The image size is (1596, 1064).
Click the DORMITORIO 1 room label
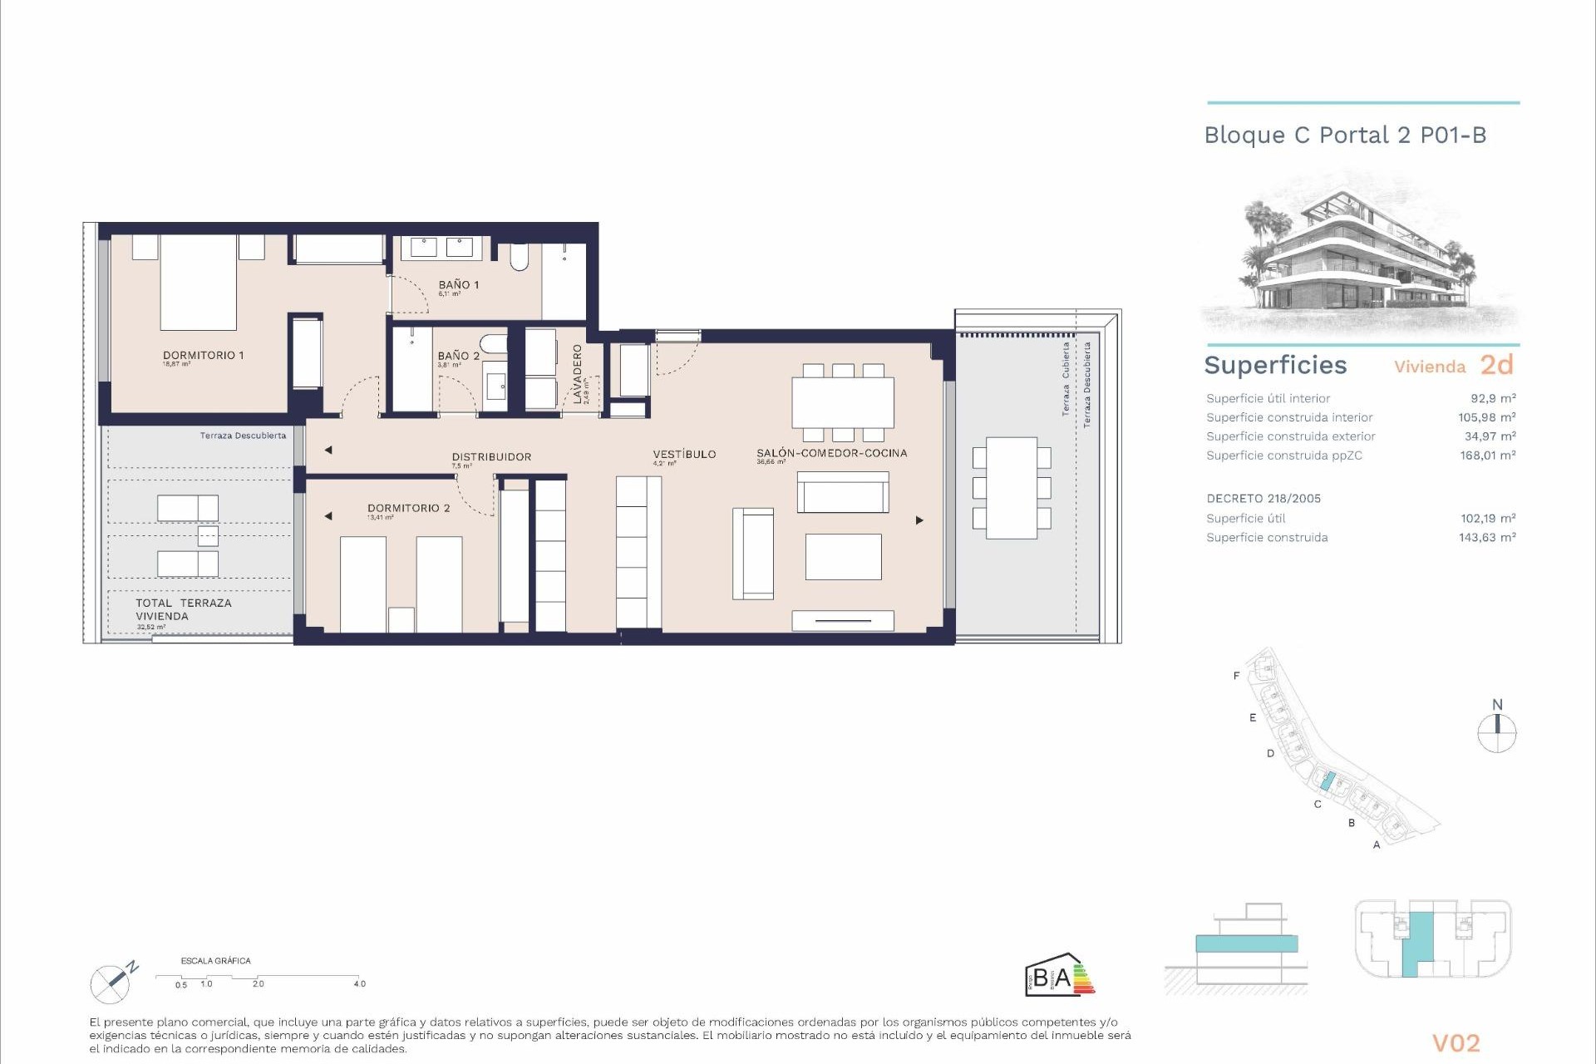pyautogui.click(x=203, y=355)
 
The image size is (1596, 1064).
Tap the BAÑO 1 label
pyautogui.click(x=458, y=285)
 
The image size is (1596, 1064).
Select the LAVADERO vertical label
pyautogui.click(x=578, y=374)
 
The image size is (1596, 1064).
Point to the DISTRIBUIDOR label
pyautogui.click(x=491, y=456)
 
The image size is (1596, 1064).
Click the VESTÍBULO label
pyautogui.click(x=684, y=454)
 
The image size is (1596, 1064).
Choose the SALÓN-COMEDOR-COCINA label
pyautogui.click(x=831, y=453)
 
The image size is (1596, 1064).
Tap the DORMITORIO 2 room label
pyautogui.click(x=408, y=508)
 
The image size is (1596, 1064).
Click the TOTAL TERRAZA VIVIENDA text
pyautogui.click(x=183, y=609)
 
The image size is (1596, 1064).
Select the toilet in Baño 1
pyautogui.click(x=519, y=257)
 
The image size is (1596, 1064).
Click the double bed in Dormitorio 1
pyautogui.click(x=199, y=283)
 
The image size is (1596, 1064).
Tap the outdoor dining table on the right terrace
pyautogui.click(x=1012, y=488)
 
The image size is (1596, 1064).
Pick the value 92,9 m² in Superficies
pyautogui.click(x=1493, y=398)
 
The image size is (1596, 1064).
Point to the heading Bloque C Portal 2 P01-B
pyautogui.click(x=1345, y=135)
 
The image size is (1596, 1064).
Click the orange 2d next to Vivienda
pyautogui.click(x=1497, y=365)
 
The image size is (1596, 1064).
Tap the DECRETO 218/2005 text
pyautogui.click(x=1263, y=499)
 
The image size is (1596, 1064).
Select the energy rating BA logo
pyautogui.click(x=1059, y=974)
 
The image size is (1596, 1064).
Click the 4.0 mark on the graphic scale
pyautogui.click(x=359, y=983)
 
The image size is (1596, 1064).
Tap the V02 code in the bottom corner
pyautogui.click(x=1456, y=1042)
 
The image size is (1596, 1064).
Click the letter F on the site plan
pyautogui.click(x=1236, y=676)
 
